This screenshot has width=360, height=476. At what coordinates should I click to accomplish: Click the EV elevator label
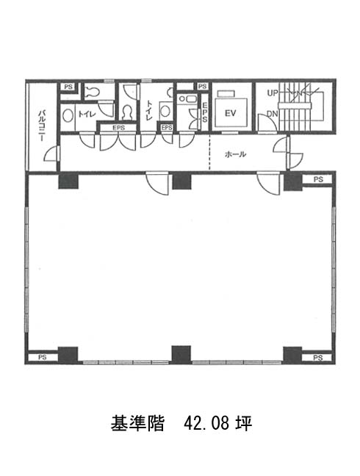[231, 114]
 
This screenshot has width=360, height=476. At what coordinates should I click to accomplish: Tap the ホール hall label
[235, 154]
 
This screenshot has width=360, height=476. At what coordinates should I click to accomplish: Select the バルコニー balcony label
[42, 126]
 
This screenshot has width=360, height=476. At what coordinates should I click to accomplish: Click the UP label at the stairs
[273, 93]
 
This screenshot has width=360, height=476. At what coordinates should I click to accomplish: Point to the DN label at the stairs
[273, 114]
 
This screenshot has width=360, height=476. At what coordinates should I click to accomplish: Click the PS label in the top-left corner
[68, 87]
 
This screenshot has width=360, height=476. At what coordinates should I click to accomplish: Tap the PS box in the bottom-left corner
[43, 357]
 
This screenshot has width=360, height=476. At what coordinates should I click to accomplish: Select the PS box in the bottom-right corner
[317, 357]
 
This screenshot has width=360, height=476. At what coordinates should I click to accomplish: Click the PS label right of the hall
[318, 179]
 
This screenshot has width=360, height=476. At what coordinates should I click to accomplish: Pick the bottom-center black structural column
[181, 355]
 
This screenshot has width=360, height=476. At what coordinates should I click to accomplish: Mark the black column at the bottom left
[68, 355]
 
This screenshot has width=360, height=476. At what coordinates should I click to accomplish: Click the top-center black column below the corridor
[181, 181]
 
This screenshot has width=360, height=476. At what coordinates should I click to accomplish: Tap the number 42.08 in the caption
[208, 423]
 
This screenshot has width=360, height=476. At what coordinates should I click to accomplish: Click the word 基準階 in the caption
[137, 423]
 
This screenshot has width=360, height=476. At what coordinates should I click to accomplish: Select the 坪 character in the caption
[245, 423]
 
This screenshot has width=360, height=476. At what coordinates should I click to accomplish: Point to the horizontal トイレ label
[87, 114]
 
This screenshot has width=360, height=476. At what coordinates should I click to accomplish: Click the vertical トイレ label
[149, 110]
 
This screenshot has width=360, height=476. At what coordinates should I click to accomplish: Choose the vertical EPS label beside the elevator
[204, 112]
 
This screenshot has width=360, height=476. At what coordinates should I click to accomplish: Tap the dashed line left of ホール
[209, 152]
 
